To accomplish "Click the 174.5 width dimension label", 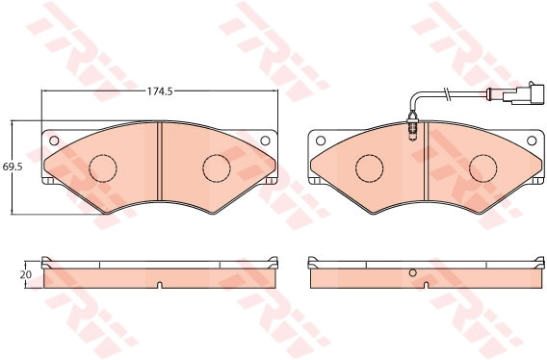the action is point(160,91).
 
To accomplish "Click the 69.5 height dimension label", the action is point(13,167).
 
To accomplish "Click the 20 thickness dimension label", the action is point(26,275).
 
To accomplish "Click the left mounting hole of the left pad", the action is point(54,141).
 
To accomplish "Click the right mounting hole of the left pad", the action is point(265,141).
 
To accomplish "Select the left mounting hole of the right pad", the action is point(321,141).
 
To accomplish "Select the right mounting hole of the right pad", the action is point(532,141).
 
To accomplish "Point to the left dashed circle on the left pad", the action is point(103,168).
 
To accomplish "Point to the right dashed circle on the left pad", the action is point(217,168).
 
